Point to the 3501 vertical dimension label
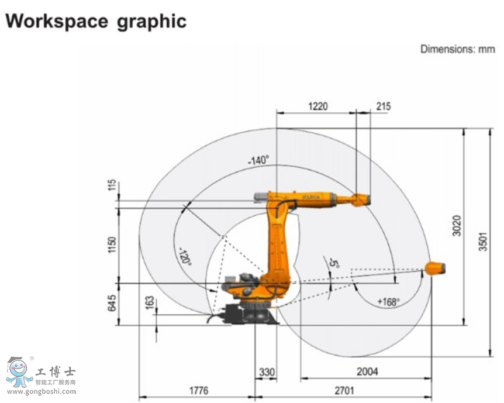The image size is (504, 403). click(x=483, y=240)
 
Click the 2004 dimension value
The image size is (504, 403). click(x=367, y=371)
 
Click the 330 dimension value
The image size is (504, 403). click(x=267, y=371)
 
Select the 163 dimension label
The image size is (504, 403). click(x=150, y=301)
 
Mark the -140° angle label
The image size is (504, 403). click(x=258, y=160)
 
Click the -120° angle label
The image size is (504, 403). click(x=184, y=256)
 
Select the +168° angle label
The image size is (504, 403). click(x=389, y=302)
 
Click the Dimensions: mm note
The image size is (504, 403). click(x=458, y=49)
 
